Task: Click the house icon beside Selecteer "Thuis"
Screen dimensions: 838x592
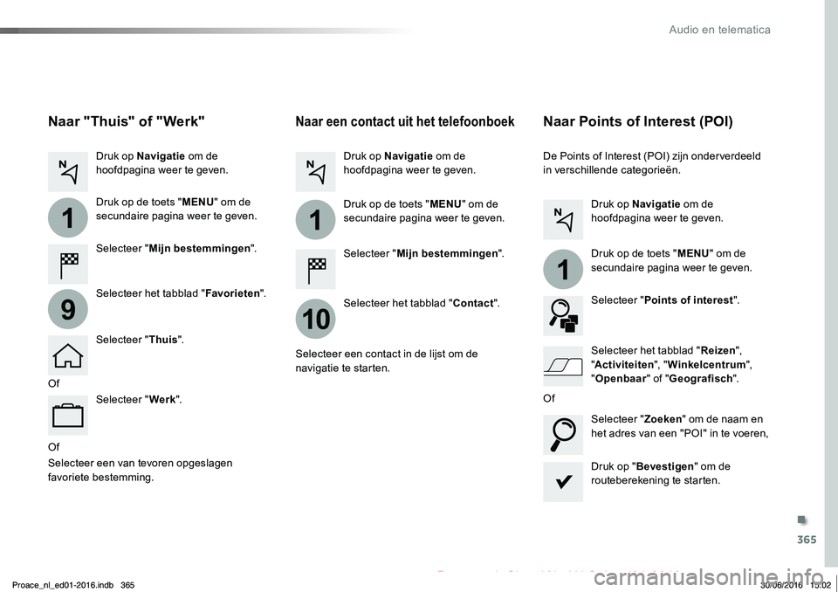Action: point(68,355)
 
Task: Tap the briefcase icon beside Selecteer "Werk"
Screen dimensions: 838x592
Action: point(68,415)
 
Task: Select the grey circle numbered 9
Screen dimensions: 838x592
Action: point(68,309)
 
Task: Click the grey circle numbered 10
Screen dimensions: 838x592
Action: point(315,319)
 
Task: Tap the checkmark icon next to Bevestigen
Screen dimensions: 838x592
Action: point(563,482)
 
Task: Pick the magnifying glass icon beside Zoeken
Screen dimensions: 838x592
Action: point(563,435)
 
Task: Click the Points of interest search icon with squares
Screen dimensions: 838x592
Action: point(563,316)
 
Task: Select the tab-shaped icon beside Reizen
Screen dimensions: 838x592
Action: point(563,366)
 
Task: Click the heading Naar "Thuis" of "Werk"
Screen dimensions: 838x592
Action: point(126,121)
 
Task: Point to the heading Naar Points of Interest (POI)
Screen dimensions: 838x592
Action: point(637,121)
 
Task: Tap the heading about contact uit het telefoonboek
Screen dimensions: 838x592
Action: point(404,121)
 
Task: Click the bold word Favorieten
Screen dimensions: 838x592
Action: point(232,293)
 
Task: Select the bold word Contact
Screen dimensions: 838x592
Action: point(473,303)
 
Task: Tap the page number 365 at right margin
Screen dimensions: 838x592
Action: point(807,540)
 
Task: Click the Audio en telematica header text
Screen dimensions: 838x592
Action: point(719,30)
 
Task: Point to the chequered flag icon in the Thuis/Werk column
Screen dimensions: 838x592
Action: point(68,265)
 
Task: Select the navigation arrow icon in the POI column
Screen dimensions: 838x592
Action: point(563,219)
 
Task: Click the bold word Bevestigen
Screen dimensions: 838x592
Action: point(665,466)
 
